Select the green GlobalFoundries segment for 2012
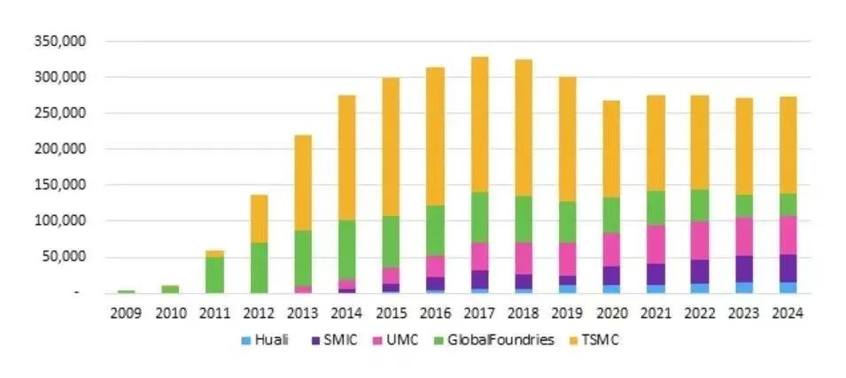tap(258, 266)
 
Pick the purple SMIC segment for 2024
tap(788, 268)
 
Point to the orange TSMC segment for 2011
tap(214, 254)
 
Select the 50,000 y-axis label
tap(65, 257)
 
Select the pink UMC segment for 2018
tap(524, 258)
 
